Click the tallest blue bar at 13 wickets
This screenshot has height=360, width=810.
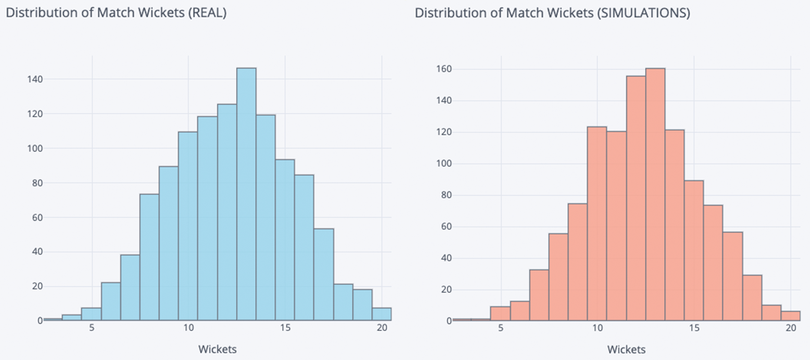coord(246,193)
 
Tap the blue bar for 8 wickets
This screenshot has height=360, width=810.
coord(149,256)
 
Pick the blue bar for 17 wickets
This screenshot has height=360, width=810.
coord(324,274)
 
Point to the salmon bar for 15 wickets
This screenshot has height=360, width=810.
coord(694,250)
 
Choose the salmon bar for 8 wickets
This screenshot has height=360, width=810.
coord(558,277)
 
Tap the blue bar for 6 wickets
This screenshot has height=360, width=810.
coord(111,301)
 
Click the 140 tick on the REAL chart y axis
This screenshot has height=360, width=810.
coord(35,79)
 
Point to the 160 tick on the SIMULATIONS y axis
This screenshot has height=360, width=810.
coord(444,69)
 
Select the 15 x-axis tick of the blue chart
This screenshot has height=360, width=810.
coord(285,328)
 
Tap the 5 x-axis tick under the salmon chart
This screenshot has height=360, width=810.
coord(501,328)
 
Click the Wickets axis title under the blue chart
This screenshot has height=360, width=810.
coord(217,349)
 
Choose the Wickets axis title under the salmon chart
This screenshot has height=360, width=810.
coord(626,349)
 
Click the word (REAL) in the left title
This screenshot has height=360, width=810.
coord(207,13)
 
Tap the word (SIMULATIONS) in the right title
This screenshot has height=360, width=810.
coord(643,13)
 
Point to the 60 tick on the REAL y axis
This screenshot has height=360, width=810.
coord(37,217)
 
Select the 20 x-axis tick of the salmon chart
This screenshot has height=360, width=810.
coord(791,328)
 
